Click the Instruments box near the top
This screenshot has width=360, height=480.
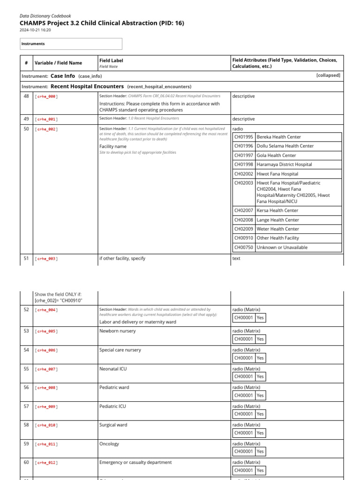[71, 44]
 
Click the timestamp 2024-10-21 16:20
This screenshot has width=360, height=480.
[35, 30]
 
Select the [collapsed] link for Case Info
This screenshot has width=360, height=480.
[328, 75]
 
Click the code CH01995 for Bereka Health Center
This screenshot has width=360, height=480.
[244, 137]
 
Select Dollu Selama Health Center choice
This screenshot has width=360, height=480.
[285, 146]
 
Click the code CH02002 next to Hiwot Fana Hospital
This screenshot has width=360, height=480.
[244, 174]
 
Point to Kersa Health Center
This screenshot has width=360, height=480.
[277, 210]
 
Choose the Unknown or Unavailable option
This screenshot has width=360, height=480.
[282, 247]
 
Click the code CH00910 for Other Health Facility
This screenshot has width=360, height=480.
[244, 238]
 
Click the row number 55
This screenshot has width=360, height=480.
[26, 369]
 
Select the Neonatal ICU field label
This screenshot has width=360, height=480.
[113, 369]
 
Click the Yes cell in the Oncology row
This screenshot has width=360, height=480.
[260, 451]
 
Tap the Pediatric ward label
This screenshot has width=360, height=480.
[114, 388]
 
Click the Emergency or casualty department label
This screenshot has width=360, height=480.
[135, 462]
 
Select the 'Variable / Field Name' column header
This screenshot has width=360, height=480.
[59, 63]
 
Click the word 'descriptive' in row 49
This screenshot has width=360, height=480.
[244, 119]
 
